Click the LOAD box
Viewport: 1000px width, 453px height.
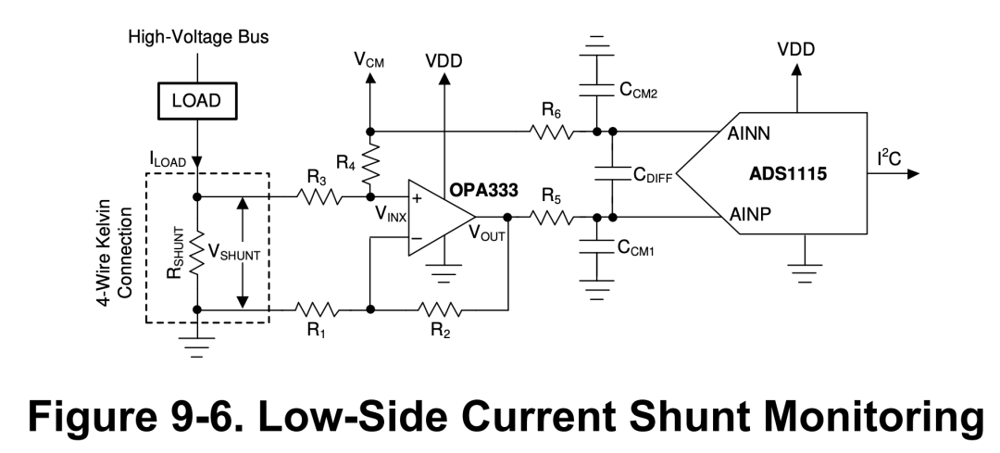(x=197, y=101)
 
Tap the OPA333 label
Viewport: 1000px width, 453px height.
(x=484, y=190)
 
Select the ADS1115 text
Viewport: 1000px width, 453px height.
(x=788, y=174)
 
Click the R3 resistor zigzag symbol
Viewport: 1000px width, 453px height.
(x=318, y=196)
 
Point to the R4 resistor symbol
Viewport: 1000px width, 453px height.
(x=369, y=163)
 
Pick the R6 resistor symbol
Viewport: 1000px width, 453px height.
(x=551, y=132)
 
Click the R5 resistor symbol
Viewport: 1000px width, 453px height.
(x=551, y=218)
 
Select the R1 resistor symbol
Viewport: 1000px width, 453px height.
(x=317, y=309)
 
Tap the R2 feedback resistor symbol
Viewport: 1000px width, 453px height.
(x=440, y=309)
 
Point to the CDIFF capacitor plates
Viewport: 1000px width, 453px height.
(x=612, y=174)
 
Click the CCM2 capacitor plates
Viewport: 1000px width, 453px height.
(x=596, y=89)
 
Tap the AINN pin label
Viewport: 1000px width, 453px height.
(x=749, y=133)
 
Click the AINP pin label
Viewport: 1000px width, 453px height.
(x=750, y=214)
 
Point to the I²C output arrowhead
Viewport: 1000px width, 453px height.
(x=913, y=173)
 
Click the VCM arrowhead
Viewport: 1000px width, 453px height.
(x=369, y=77)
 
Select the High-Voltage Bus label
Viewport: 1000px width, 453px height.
(x=198, y=37)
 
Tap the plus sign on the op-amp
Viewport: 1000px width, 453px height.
(x=417, y=198)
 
